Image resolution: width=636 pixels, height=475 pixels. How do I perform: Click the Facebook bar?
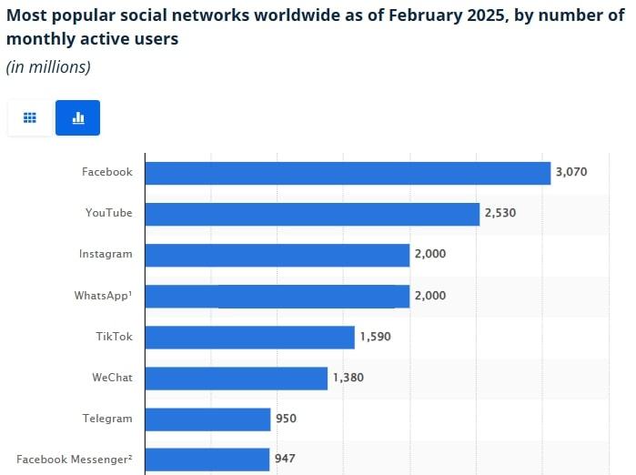348,173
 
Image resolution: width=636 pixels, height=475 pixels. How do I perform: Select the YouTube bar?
312,214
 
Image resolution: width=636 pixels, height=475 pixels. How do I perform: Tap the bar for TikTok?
249,337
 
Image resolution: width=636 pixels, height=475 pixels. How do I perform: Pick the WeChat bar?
236,378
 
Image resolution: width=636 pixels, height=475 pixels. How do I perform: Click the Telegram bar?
207,419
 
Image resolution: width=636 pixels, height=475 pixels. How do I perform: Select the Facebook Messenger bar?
207,460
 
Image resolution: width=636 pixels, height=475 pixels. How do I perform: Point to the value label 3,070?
571,172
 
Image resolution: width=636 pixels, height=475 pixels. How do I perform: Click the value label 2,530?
500,213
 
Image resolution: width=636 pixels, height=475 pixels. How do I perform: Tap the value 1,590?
376,337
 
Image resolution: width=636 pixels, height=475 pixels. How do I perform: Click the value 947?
288,460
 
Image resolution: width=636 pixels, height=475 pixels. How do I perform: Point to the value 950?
288,419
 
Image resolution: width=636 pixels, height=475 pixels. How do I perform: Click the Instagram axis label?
106,254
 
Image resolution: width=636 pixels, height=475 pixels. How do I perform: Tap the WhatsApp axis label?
103,295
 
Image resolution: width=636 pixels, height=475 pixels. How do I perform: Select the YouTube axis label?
108,213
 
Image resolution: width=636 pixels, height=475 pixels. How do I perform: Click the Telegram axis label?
106,419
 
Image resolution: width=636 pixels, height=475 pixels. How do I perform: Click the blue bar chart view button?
77,117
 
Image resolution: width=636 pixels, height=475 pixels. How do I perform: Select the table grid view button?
30,117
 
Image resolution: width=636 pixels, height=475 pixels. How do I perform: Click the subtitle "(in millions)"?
48,67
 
